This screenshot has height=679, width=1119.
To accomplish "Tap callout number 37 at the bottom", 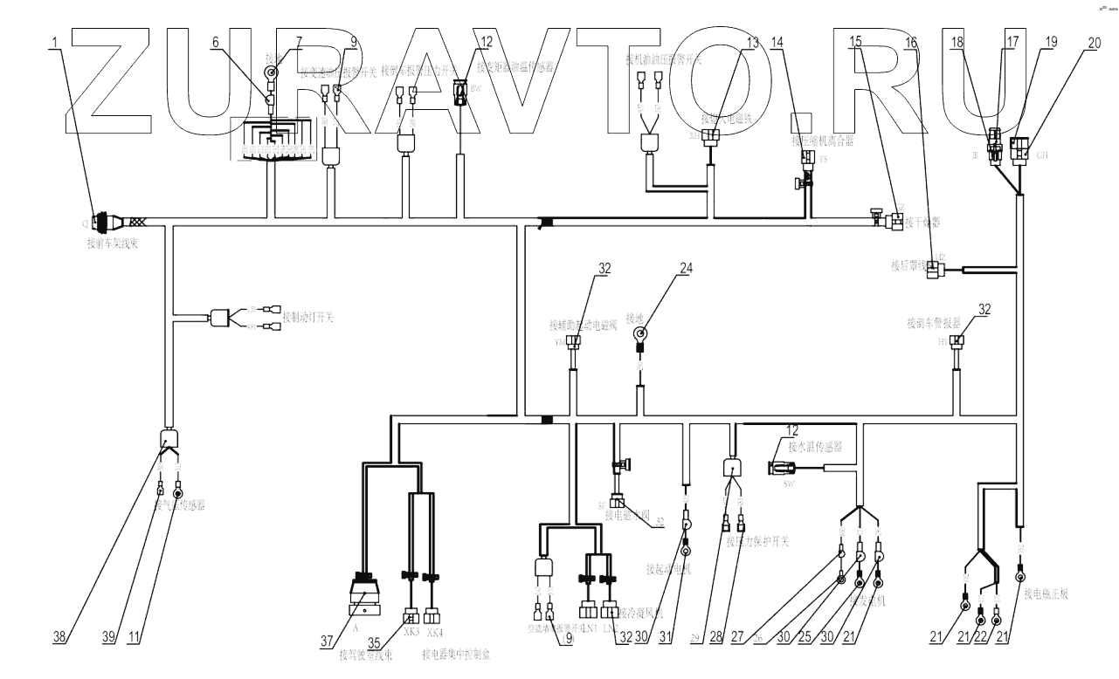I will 328,641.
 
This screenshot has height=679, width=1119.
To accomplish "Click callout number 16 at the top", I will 911,41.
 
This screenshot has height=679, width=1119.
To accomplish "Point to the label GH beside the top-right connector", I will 1041,155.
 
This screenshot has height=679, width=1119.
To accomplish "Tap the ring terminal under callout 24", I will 639,333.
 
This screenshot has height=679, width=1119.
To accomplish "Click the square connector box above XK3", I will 411,612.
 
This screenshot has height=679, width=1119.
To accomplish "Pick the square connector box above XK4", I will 432,612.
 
